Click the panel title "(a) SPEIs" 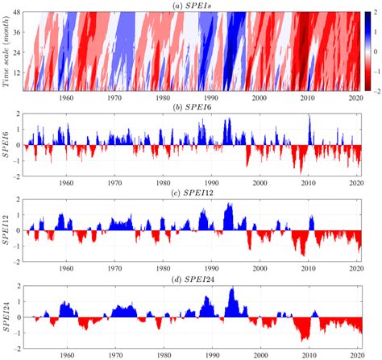[x=191, y=6]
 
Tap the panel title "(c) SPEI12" [x=191, y=189]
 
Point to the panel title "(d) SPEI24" [x=191, y=277]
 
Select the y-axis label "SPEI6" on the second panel [x=10, y=145]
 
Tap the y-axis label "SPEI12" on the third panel [x=10, y=230]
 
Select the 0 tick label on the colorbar [x=372, y=50]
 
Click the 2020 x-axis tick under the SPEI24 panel [x=355, y=354]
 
